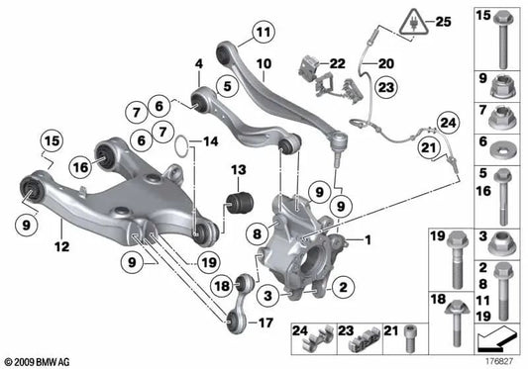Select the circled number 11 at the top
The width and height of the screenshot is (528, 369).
click(x=261, y=33)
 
